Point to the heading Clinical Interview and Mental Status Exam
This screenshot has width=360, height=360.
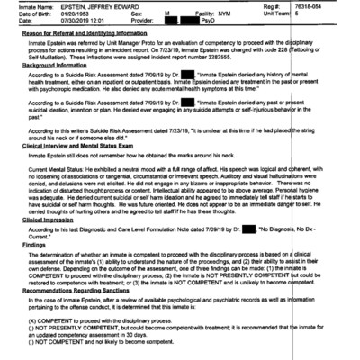pos(82,145)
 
